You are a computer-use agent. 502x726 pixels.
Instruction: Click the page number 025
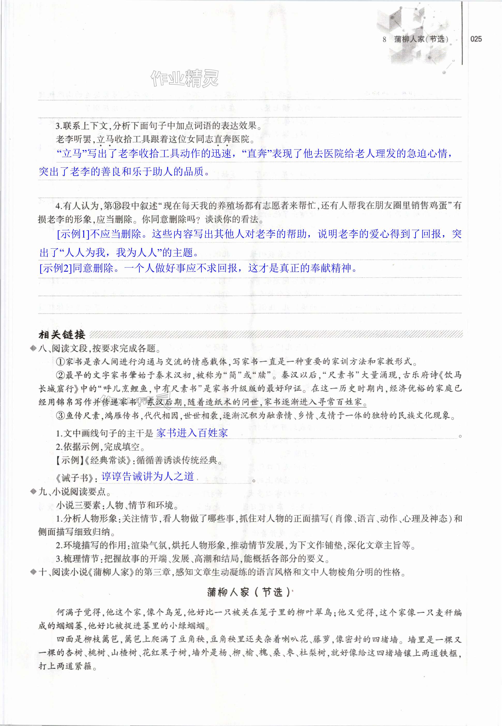pyautogui.click(x=476, y=39)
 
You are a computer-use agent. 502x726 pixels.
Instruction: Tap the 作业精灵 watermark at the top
pyautogui.click(x=184, y=78)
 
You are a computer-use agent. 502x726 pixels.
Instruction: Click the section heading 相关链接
pyautogui.click(x=62, y=335)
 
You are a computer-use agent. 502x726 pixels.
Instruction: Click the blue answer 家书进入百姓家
pyautogui.click(x=192, y=433)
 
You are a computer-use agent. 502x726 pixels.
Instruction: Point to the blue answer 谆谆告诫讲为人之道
pyautogui.click(x=147, y=476)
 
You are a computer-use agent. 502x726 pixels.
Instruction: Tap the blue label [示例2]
pyautogui.click(x=56, y=268)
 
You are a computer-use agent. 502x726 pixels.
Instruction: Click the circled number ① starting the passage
pyautogui.click(x=61, y=362)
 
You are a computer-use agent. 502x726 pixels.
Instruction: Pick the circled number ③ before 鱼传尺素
pyautogui.click(x=61, y=416)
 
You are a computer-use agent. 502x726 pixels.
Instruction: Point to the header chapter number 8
pyautogui.click(x=384, y=39)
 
